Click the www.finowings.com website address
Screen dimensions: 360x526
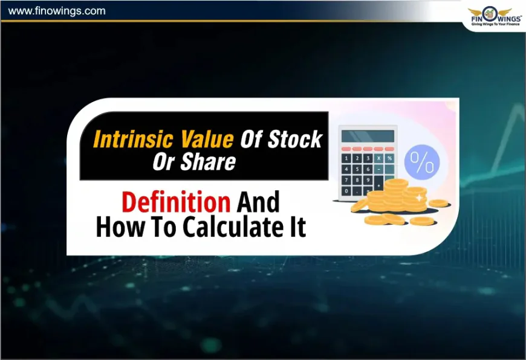[x=57, y=11]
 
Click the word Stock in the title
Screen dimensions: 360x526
[x=295, y=140]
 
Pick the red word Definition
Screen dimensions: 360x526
[x=175, y=202]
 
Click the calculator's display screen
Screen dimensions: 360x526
[x=367, y=135]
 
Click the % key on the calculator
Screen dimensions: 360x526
[x=389, y=158]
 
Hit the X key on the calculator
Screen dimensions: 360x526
[x=378, y=158]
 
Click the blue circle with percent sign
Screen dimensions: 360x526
[x=422, y=161]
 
